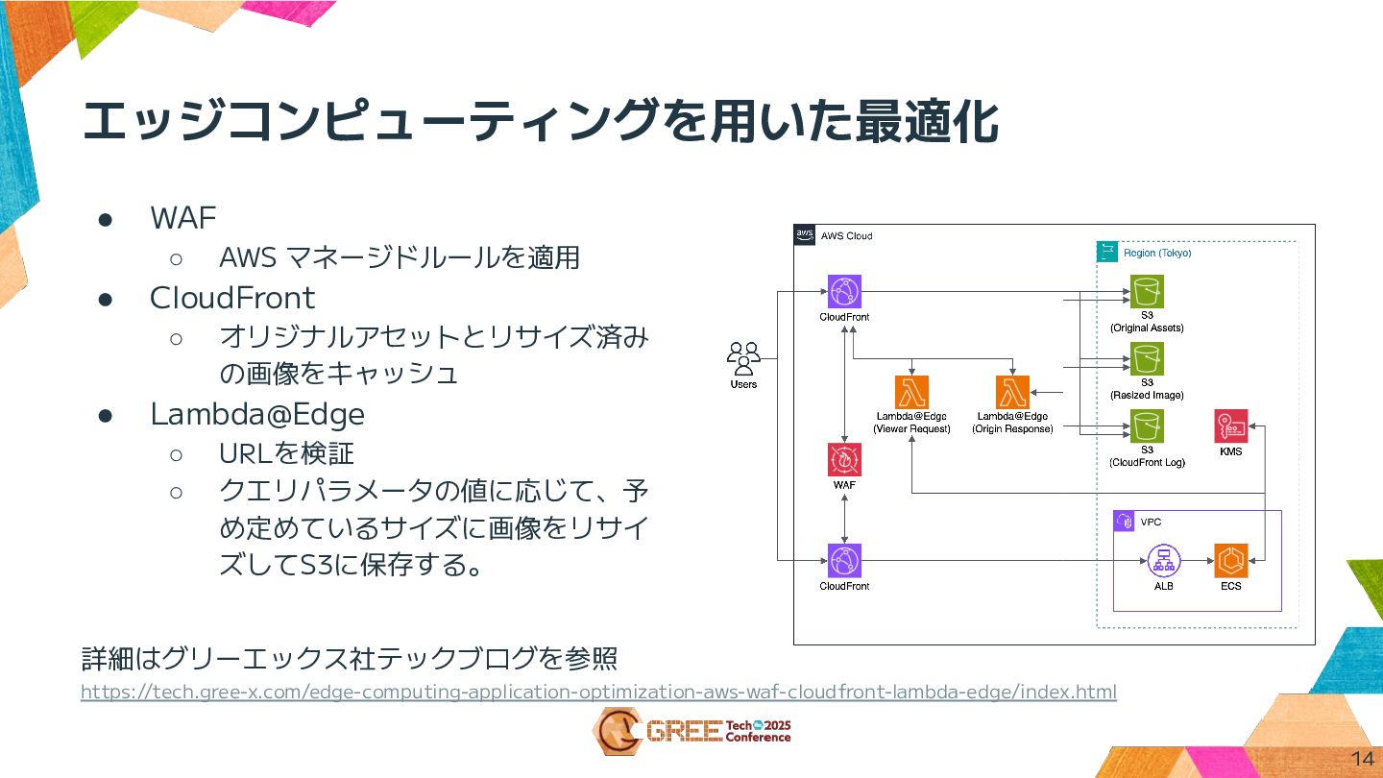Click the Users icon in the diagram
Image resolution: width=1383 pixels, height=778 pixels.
coord(743,357)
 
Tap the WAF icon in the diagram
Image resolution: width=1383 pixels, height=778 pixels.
coord(844,459)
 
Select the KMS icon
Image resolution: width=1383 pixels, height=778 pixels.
coord(1230,425)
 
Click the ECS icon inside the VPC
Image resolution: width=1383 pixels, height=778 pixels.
coord(1230,560)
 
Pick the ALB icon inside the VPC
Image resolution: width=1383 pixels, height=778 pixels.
coord(1163,560)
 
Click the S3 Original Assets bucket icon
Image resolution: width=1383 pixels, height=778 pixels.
coord(1147,291)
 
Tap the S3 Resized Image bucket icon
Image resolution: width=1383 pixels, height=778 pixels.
coord(1147,358)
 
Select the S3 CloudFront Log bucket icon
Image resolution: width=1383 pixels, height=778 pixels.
coord(1147,425)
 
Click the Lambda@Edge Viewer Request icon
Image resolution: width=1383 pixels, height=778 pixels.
coord(911,392)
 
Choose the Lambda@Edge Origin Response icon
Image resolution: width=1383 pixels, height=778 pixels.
coord(1012,392)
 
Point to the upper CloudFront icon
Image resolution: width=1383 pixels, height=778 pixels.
coord(844,291)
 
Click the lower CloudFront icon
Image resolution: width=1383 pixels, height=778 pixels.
coord(844,560)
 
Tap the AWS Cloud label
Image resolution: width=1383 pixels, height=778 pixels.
coord(846,236)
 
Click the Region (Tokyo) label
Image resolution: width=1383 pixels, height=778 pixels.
coord(1156,254)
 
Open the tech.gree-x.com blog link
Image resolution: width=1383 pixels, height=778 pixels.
coord(597,692)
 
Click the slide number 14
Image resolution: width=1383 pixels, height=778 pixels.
coord(1362,758)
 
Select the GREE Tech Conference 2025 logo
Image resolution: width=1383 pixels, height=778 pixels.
coord(691,732)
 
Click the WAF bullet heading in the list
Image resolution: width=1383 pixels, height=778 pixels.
coord(183,217)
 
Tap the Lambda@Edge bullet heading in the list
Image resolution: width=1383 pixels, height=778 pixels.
coord(257,414)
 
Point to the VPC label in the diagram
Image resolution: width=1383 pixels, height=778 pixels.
coord(1151,523)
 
